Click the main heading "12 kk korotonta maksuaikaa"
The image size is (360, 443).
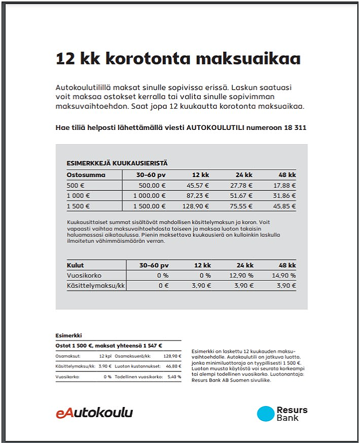click(x=178, y=58)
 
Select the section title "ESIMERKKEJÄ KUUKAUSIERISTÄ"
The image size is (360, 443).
click(x=117, y=163)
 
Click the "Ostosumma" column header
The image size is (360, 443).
click(x=86, y=175)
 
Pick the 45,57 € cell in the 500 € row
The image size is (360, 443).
click(x=198, y=186)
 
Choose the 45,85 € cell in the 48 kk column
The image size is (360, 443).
click(x=284, y=207)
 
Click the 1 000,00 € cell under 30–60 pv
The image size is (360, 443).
click(x=149, y=196)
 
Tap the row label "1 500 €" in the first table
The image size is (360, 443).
click(x=78, y=207)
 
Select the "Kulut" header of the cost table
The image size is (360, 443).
click(x=76, y=265)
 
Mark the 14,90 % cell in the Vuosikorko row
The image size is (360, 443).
click(x=284, y=276)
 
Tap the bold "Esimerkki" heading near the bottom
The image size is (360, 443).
click(x=68, y=335)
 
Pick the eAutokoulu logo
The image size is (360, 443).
click(x=94, y=413)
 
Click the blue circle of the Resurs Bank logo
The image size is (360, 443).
click(x=265, y=414)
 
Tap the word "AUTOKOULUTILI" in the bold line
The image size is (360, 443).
click(x=215, y=127)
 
